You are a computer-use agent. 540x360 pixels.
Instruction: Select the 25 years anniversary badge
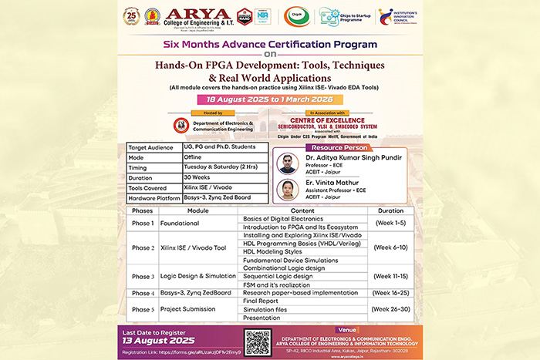click(132, 15)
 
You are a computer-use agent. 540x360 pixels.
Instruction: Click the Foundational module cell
click(180, 224)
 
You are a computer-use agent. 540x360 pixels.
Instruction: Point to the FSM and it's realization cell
click(282, 284)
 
